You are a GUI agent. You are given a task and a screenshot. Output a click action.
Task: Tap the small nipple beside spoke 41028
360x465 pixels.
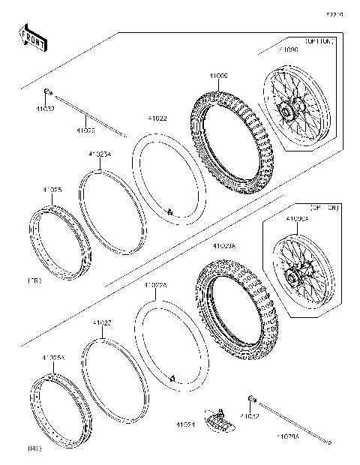[x=46, y=92]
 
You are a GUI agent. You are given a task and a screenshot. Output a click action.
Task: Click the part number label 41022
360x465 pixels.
[x=157, y=118]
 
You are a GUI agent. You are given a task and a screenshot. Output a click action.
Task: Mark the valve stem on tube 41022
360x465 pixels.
[x=170, y=214]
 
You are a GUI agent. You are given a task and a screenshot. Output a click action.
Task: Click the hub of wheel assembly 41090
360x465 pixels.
[x=289, y=112]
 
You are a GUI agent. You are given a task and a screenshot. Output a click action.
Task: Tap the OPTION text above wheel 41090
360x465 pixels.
[x=318, y=42]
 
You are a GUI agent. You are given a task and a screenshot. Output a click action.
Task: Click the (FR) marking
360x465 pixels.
[x=34, y=280]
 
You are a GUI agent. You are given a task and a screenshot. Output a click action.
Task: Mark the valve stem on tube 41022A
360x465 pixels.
[x=172, y=380]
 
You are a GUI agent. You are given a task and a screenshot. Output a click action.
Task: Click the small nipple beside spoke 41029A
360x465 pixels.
[x=253, y=398]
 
